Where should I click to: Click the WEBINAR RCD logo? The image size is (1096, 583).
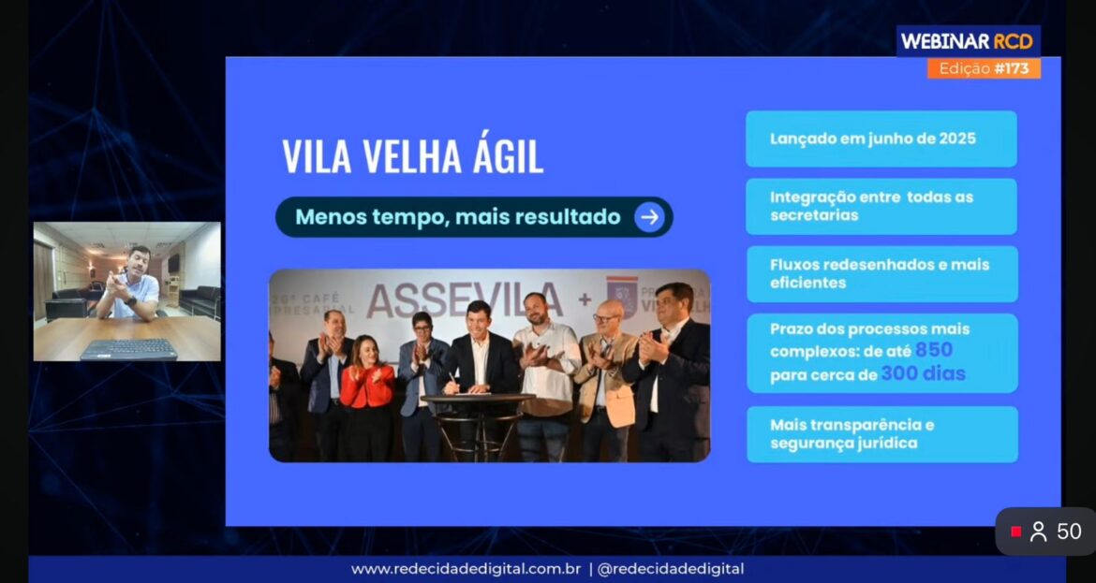[x=968, y=41]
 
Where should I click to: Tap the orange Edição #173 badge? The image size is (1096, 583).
[x=984, y=68]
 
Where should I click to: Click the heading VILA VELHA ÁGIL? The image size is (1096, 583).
[x=412, y=156]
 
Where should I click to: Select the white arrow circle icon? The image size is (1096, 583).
[x=649, y=217]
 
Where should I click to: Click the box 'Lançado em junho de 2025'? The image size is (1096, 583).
[x=881, y=138]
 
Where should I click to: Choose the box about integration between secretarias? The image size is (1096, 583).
[x=881, y=206]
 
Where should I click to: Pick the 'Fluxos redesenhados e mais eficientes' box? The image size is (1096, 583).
[x=881, y=273]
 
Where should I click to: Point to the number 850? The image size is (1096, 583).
[x=934, y=350]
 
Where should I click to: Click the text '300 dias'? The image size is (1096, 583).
[x=923, y=374]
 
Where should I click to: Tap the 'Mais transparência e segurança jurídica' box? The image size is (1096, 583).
[x=881, y=433]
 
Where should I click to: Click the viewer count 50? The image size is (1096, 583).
[x=1069, y=532]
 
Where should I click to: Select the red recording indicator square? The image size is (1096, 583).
[x=1016, y=532]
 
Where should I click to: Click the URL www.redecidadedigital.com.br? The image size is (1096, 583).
[x=467, y=568]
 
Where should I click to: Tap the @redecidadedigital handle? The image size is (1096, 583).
[x=670, y=568]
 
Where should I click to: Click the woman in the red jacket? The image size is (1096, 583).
[x=366, y=393]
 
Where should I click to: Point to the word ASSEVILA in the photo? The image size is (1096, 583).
[x=465, y=299]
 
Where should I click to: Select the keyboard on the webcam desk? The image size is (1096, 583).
[x=128, y=349]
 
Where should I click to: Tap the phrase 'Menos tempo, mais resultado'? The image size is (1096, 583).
[x=457, y=217]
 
